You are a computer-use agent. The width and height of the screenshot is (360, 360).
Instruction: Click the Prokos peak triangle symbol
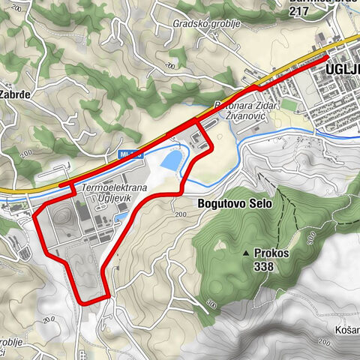pos(247,253)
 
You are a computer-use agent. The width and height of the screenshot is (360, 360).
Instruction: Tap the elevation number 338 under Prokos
pos(265,266)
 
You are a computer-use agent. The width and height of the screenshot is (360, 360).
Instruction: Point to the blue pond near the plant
pos(171,160)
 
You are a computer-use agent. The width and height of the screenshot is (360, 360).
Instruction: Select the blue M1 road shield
pos(130,154)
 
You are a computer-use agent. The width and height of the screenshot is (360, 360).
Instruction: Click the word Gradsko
pos(187,23)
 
